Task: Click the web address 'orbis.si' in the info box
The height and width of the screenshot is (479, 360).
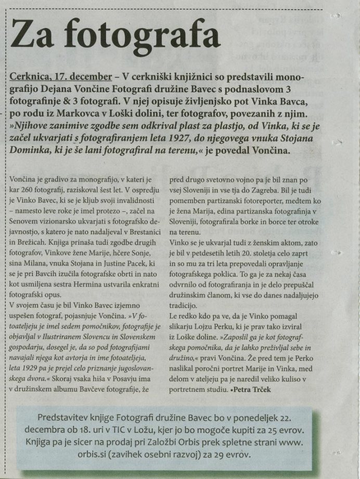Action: [57, 454]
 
